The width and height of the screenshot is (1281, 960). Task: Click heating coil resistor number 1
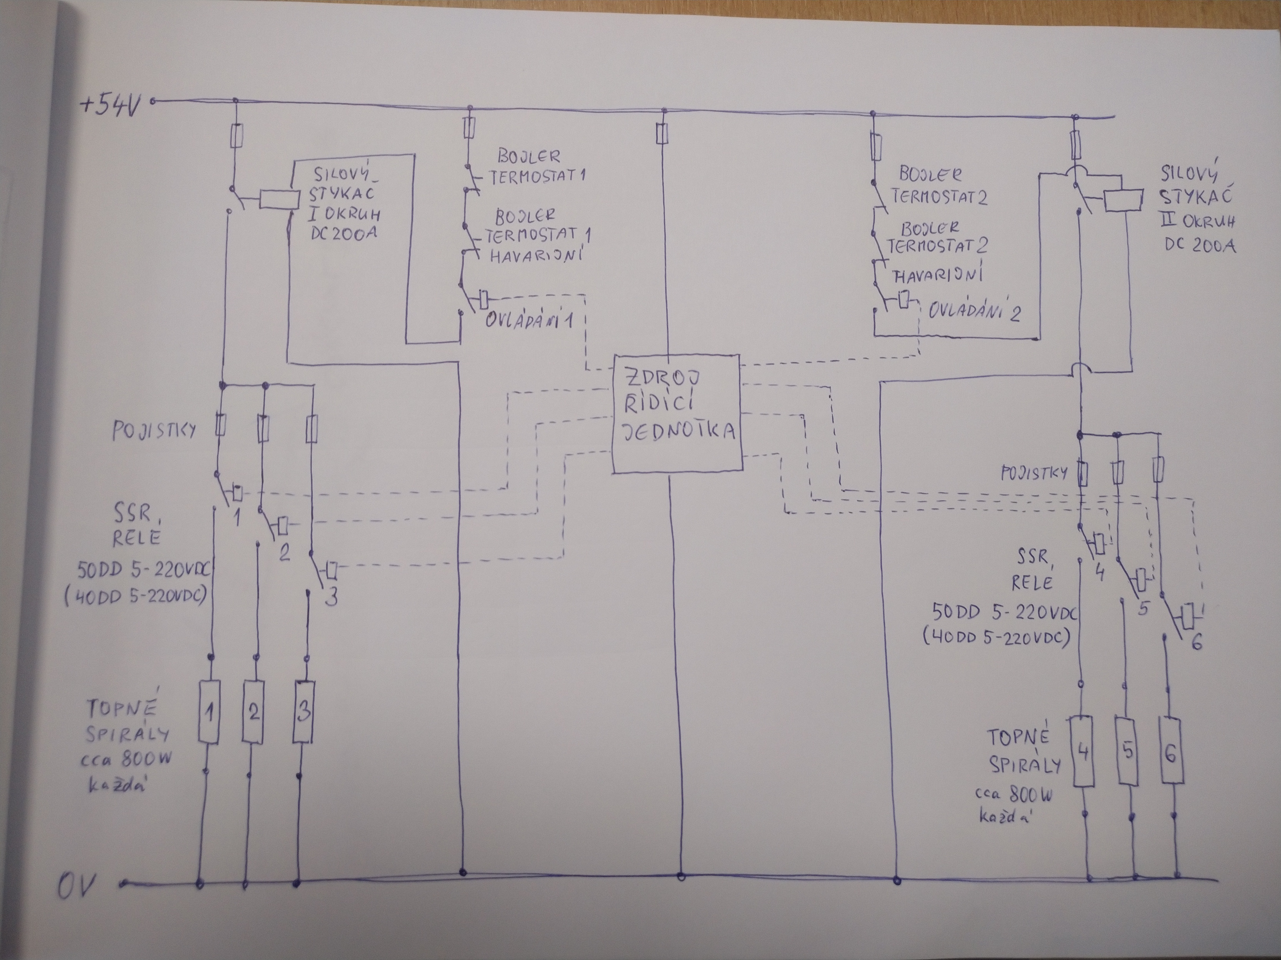coord(209,712)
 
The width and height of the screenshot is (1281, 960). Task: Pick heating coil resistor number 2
coord(253,712)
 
